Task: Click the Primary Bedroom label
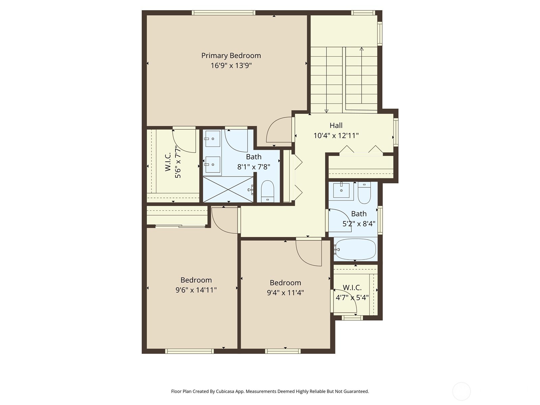[231, 56]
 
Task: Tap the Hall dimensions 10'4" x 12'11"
[336, 136]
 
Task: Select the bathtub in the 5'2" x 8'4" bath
[355, 249]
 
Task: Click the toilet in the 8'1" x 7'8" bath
[268, 191]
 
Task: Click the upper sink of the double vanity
[213, 139]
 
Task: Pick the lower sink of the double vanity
[213, 165]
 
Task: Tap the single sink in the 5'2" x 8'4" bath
[341, 190]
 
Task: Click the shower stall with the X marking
[228, 190]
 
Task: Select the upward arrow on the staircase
[361, 49]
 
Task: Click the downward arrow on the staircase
[326, 111]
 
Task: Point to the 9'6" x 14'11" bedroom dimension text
[196, 290]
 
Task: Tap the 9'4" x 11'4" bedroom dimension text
[285, 293]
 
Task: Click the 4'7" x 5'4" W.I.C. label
[352, 293]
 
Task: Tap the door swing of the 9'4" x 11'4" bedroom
[308, 252]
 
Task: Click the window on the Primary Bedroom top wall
[223, 13]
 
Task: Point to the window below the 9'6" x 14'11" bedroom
[189, 351]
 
